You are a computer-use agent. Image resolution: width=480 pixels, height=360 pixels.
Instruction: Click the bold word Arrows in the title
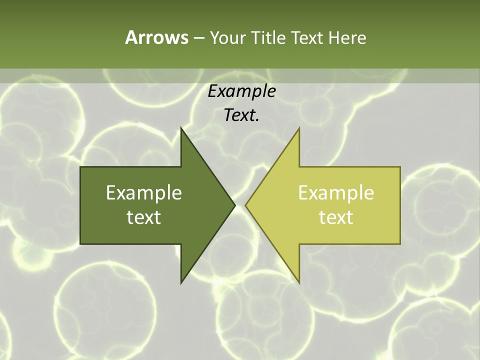(x=156, y=37)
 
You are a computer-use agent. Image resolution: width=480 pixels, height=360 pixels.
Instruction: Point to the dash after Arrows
(x=198, y=38)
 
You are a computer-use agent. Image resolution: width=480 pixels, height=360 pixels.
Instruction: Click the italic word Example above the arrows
(x=241, y=91)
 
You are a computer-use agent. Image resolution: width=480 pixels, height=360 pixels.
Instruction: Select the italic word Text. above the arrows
(x=241, y=115)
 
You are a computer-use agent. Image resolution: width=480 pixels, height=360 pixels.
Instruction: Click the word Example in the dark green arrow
(x=143, y=193)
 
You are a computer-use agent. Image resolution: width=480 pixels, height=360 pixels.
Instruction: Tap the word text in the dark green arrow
(x=143, y=217)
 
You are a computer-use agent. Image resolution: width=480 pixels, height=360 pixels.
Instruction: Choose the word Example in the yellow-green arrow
(x=336, y=193)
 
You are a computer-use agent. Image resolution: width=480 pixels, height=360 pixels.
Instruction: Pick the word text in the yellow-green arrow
(x=336, y=217)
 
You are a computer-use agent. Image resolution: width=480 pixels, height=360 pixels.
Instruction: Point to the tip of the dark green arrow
(x=234, y=205)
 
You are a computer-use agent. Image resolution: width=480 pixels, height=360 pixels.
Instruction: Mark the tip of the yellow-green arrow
(x=246, y=205)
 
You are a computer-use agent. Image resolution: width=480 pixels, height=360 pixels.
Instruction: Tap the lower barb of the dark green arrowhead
(x=182, y=281)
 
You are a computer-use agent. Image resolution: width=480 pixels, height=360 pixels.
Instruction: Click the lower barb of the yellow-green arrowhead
(x=298, y=281)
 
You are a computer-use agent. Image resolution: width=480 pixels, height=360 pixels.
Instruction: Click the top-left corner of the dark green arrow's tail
(x=81, y=167)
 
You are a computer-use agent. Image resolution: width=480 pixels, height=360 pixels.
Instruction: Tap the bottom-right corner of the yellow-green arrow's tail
(x=399, y=243)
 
